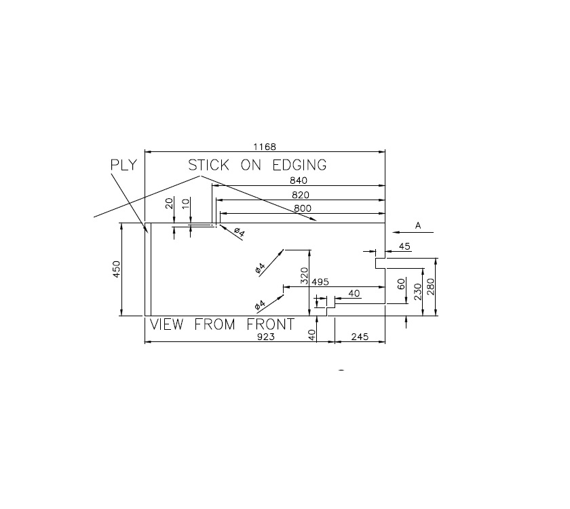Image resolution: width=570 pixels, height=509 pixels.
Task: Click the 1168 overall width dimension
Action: click(264, 147)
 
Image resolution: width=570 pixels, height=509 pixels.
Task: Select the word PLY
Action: click(123, 165)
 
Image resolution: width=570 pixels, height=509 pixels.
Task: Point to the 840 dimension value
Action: click(299, 181)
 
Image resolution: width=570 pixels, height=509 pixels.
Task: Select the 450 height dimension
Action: click(116, 269)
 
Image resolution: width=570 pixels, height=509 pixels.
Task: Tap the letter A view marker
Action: click(418, 226)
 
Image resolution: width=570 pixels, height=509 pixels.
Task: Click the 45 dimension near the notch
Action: click(404, 246)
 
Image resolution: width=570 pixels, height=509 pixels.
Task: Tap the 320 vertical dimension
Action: click(305, 275)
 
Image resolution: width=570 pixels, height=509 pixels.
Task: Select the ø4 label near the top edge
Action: click(238, 232)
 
